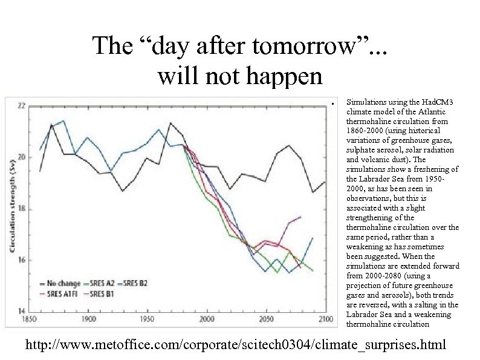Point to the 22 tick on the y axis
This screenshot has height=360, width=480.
point(21,106)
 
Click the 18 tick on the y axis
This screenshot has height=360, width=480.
point(21,209)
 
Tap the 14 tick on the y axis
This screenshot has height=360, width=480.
point(21,312)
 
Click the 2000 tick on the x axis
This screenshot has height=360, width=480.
point(207,319)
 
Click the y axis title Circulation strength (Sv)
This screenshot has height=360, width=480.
point(12,209)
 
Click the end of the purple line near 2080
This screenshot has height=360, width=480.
point(300,217)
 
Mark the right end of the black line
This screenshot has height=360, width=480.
point(325,182)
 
